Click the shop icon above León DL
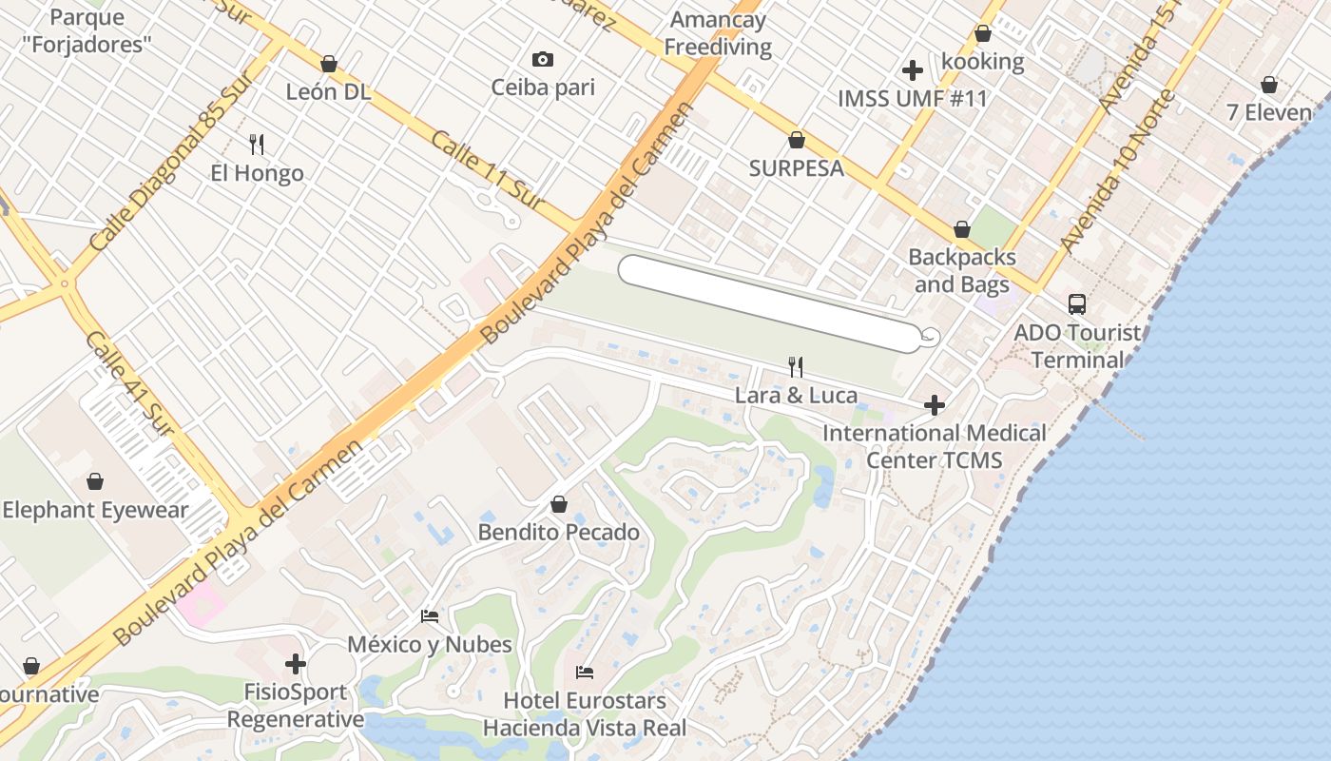tap(329, 64)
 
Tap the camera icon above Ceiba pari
tap(543, 60)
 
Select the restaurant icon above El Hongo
tap(257, 145)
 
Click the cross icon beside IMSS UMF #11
tap(913, 69)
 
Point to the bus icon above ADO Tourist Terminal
tap(1076, 304)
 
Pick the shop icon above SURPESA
tap(797, 141)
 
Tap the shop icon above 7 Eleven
tap(1269, 85)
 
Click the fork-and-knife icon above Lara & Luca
tap(797, 366)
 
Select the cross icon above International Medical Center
tap(935, 405)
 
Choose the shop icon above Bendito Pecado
tap(559, 504)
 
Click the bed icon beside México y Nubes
tap(430, 616)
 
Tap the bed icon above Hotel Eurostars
tap(585, 673)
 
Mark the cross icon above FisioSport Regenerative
tap(296, 663)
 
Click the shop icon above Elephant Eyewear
tap(95, 481)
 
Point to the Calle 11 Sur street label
tap(486, 171)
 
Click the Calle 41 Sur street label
tap(129, 384)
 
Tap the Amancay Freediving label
tap(718, 33)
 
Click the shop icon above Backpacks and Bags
tap(962, 229)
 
